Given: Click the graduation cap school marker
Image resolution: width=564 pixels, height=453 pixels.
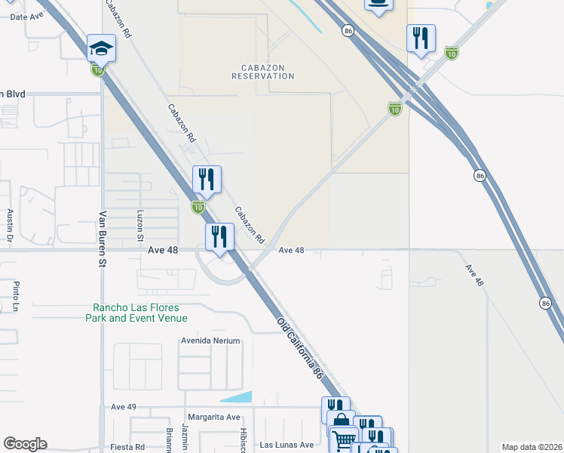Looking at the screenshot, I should pyautogui.click(x=100, y=49).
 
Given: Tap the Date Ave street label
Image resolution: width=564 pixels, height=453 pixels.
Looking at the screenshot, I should pyautogui.click(x=26, y=16).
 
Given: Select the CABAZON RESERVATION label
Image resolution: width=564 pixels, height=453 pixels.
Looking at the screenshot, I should pyautogui.click(x=262, y=72).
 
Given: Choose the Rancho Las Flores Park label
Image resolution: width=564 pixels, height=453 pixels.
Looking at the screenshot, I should pyautogui.click(x=140, y=313).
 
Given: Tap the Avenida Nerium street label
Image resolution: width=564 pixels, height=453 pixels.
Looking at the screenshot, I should pyautogui.click(x=210, y=341).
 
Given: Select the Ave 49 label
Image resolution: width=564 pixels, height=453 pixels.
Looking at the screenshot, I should pyautogui.click(x=123, y=407).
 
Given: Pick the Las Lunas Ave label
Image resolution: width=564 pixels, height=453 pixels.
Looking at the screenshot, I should pyautogui.click(x=287, y=445).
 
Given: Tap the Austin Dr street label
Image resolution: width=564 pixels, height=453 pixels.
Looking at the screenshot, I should pyautogui.click(x=11, y=229).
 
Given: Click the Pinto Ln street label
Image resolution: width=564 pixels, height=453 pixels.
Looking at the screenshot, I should pyautogui.click(x=16, y=294).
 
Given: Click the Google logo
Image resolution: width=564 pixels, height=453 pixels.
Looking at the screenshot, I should pyautogui.click(x=25, y=444).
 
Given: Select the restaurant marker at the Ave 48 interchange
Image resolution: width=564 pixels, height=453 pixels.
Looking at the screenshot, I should pyautogui.click(x=220, y=237).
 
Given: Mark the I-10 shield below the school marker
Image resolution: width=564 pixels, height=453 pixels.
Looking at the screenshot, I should pyautogui.click(x=98, y=70).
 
